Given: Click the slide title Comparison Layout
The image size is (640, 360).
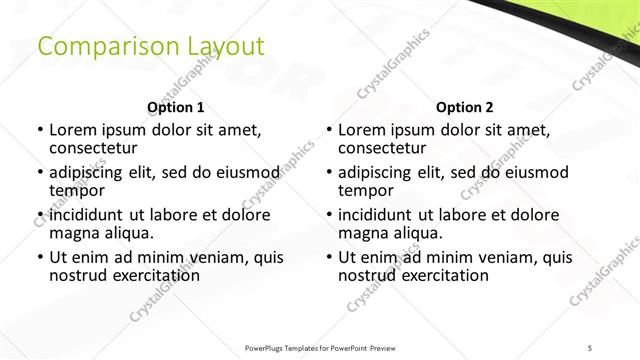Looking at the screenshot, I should pos(150,47).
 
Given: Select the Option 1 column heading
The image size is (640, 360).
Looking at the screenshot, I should pos(176,107).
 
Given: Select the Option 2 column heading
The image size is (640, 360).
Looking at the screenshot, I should pos(464,107).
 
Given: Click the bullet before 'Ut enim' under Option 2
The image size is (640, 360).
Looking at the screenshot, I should pos(329,257).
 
